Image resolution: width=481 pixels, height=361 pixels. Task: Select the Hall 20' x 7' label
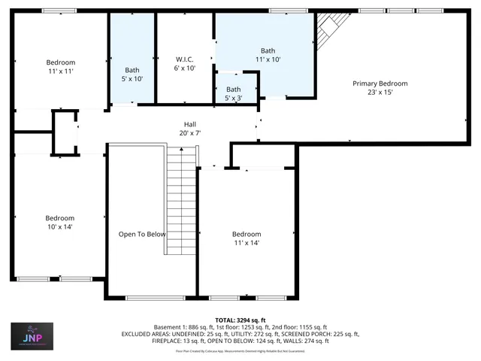pyautogui.click(x=190, y=129)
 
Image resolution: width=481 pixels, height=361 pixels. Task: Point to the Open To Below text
pyautogui.click(x=142, y=234)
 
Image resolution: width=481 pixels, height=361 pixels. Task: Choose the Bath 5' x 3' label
pyautogui.click(x=233, y=94)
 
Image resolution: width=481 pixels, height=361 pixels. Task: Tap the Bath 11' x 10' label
pyautogui.click(x=268, y=54)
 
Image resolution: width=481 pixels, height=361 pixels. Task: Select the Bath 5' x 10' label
pyautogui.click(x=132, y=74)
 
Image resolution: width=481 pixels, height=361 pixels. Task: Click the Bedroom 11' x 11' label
pyautogui.click(x=60, y=66)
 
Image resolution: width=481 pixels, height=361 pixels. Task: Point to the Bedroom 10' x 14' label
pyautogui.click(x=59, y=222)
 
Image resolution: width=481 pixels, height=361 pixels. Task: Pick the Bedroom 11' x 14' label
pyautogui.click(x=246, y=238)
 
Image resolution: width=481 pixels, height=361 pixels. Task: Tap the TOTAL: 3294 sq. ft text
pyautogui.click(x=240, y=320)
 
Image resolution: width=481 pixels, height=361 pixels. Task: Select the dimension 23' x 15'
pyautogui.click(x=380, y=93)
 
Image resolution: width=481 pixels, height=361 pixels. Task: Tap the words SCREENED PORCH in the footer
pyautogui.click(x=316, y=334)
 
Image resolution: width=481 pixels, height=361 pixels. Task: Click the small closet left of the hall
pyautogui.click(x=64, y=133)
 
